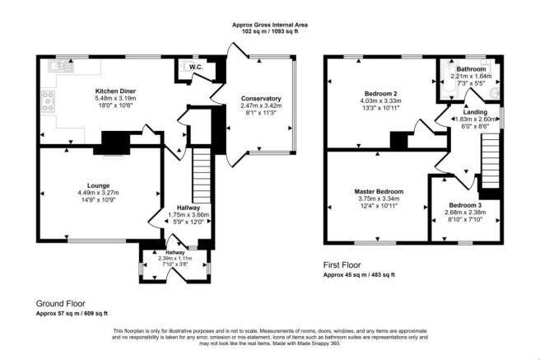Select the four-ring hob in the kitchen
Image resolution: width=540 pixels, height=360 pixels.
(48, 104)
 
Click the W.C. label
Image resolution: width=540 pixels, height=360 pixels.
(196, 67)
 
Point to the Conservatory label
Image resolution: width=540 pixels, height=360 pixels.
(260, 98)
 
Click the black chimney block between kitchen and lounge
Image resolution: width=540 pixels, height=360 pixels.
(109, 147)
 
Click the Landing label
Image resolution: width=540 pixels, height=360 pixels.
(476, 110)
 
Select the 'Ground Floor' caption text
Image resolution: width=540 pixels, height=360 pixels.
(60, 303)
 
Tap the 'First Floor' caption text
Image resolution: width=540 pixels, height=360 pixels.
(343, 265)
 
